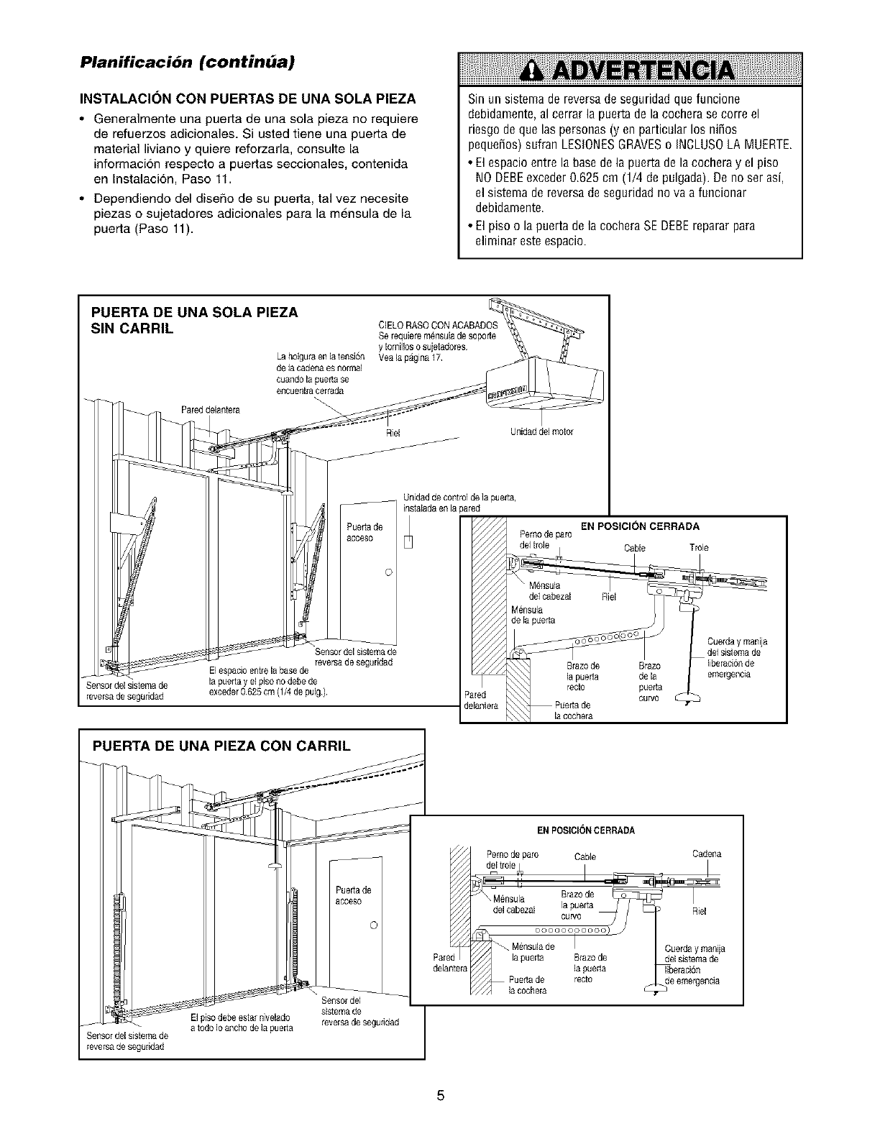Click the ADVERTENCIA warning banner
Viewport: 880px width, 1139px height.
coord(630,70)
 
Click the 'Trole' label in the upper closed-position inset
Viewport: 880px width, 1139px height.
coord(699,547)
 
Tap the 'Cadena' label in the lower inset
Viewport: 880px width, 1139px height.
coord(706,854)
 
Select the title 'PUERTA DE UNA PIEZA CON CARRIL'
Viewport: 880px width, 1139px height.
coord(221,746)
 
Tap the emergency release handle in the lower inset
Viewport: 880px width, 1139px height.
coord(656,987)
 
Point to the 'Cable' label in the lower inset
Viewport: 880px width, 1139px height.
coord(586,856)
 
